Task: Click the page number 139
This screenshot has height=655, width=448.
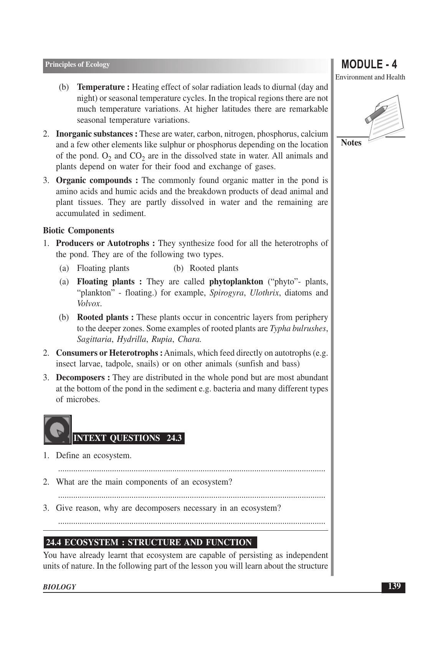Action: [393, 586]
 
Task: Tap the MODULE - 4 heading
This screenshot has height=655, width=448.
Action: [369, 64]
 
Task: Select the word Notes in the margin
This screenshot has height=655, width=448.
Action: [351, 143]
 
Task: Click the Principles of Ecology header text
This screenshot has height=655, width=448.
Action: [77, 64]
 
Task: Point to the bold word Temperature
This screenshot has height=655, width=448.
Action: [101, 87]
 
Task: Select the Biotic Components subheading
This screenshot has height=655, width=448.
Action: [78, 231]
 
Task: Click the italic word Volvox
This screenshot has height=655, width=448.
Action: [88, 304]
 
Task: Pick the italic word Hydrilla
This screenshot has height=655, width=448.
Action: [131, 339]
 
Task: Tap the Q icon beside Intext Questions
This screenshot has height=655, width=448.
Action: [57, 430]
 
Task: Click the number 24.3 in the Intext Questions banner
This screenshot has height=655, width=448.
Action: [174, 438]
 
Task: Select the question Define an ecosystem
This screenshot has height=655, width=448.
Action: [93, 455]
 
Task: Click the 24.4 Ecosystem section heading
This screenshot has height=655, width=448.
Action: [149, 543]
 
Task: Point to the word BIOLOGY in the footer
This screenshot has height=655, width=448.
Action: [59, 587]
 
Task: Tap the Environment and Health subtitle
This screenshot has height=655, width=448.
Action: [370, 77]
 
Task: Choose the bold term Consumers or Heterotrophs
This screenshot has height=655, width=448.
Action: [107, 353]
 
